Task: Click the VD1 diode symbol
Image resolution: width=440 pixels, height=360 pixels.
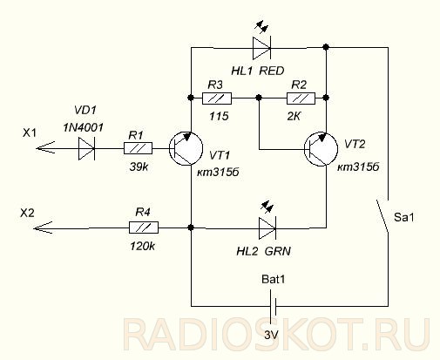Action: (86, 148)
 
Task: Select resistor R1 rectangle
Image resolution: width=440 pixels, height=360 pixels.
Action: (138, 148)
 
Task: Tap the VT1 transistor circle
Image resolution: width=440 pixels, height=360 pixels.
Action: (186, 148)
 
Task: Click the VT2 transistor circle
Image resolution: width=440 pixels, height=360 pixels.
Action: (321, 149)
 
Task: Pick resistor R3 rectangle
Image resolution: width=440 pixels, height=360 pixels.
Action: (217, 98)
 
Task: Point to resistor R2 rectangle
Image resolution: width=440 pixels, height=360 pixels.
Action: (301, 98)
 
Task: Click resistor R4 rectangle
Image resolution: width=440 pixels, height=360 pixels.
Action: (144, 228)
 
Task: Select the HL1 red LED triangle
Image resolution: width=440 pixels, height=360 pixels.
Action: (261, 48)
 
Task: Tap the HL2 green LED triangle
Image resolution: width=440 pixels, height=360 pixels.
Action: (267, 228)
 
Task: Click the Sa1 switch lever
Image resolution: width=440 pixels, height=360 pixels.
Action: (382, 216)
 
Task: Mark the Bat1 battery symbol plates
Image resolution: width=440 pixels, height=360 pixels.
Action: (273, 306)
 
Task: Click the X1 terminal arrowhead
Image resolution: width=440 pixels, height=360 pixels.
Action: (45, 148)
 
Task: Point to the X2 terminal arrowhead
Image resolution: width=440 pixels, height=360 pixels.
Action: (43, 228)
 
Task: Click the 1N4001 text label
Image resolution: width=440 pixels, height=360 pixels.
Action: (83, 127)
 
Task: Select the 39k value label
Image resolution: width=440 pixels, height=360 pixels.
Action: (139, 167)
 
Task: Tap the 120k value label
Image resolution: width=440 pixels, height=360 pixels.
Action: (143, 247)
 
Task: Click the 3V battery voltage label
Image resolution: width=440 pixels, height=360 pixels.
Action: (272, 335)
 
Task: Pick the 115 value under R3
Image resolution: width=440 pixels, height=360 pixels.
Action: (220, 117)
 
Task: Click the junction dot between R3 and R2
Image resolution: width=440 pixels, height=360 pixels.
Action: (259, 98)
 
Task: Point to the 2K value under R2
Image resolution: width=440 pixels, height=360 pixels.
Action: (294, 117)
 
